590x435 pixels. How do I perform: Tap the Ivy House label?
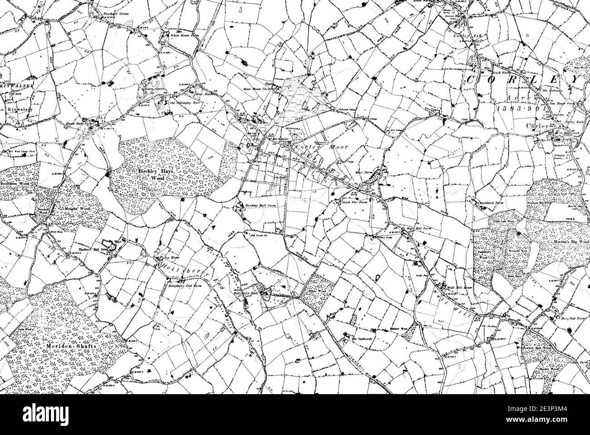coord(164,258)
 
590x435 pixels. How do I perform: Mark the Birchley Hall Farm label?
coord(261,206)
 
